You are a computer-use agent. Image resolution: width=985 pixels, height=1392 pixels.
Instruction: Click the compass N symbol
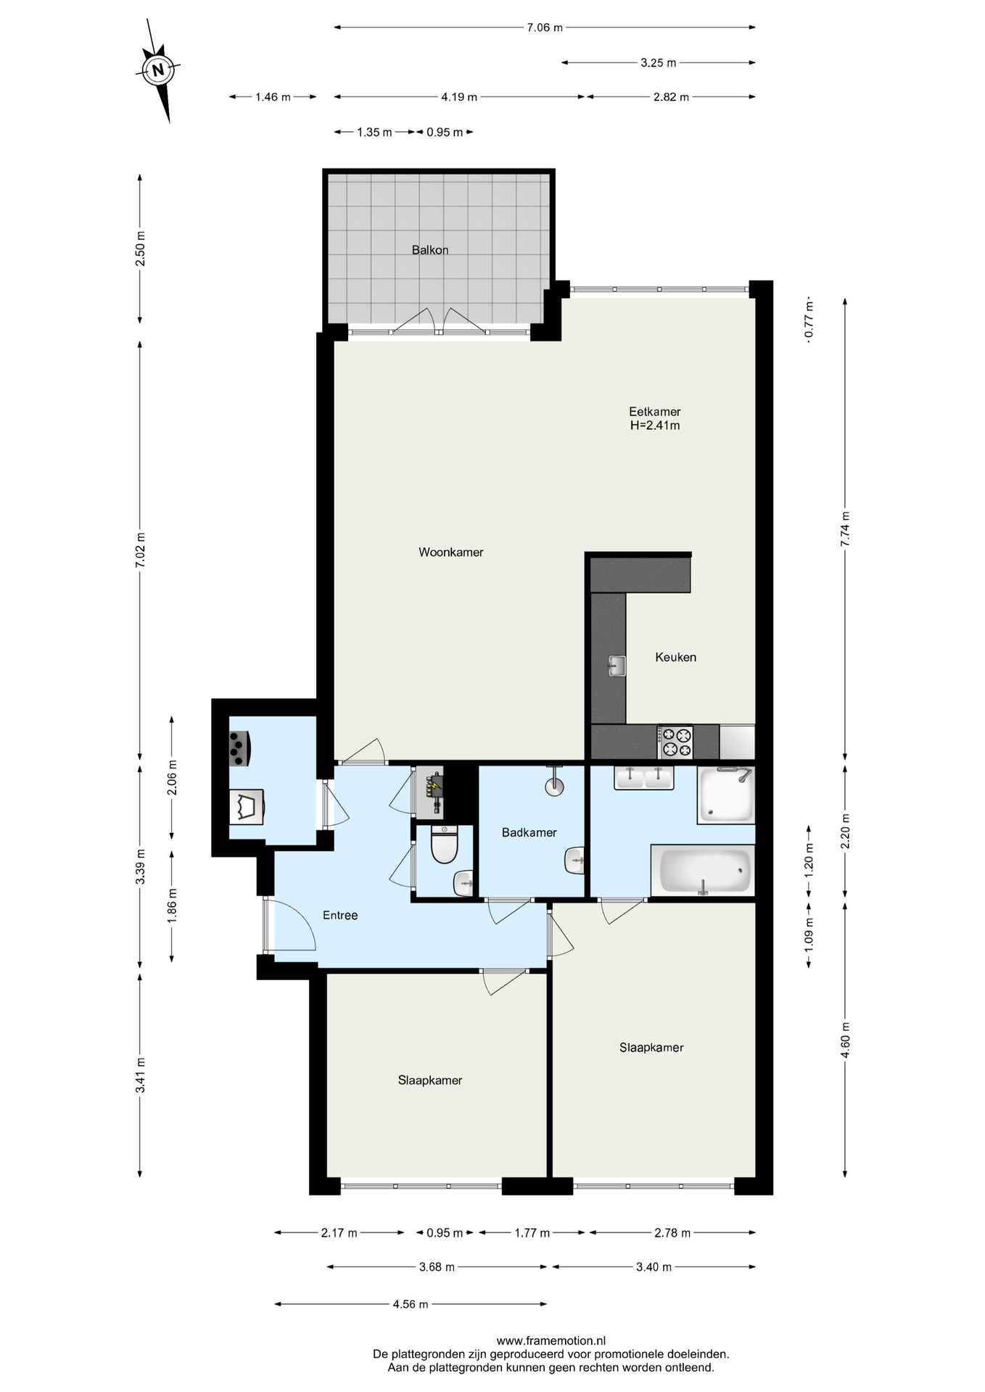tap(158, 70)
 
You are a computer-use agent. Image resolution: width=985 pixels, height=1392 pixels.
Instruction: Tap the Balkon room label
tap(430, 250)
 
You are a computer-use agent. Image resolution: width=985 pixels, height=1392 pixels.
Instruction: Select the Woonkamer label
tap(451, 552)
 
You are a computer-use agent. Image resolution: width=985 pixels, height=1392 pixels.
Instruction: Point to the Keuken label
tap(675, 658)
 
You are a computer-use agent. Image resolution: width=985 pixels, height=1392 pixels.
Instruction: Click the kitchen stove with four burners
tap(675, 742)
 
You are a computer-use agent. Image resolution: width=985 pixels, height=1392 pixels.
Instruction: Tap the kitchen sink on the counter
tap(617, 666)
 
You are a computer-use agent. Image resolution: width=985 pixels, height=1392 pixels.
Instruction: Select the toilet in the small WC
tap(444, 845)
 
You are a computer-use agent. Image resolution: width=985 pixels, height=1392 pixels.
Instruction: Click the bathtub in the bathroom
tap(703, 871)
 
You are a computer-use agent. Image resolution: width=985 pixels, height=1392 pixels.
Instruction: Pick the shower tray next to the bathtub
tap(725, 795)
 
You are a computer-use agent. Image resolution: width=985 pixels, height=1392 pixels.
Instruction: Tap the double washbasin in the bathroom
tap(643, 777)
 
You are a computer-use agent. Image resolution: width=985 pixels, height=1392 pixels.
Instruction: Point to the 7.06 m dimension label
tap(545, 28)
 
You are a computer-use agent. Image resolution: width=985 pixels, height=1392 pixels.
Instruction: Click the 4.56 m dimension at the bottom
tap(411, 1304)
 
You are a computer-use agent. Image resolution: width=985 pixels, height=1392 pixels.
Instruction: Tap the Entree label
tap(340, 916)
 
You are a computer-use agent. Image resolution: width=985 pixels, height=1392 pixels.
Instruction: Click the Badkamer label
tap(529, 833)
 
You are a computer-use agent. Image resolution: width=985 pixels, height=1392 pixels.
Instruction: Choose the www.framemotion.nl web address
tap(551, 1341)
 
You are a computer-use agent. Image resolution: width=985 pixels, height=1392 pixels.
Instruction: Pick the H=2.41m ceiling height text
tap(655, 426)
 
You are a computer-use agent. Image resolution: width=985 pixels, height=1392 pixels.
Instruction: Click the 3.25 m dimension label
tap(658, 63)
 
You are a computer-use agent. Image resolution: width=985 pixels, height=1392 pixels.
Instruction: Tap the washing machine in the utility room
tap(247, 807)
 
